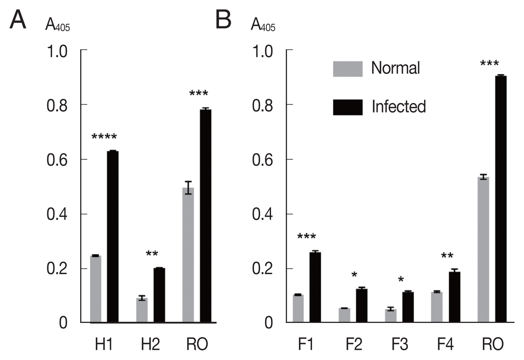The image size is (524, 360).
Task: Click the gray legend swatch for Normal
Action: (x=347, y=69)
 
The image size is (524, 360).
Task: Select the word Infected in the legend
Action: (x=398, y=107)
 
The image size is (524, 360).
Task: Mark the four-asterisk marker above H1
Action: (x=104, y=137)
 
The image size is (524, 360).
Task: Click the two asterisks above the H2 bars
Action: (x=152, y=254)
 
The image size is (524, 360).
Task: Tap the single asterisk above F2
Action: (x=354, y=275)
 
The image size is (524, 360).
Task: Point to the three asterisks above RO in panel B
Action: (x=489, y=64)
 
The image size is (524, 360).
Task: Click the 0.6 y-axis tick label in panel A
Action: (x=57, y=160)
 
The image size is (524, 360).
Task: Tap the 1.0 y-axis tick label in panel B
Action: (x=262, y=51)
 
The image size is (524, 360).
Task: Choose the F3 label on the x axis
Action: (x=400, y=344)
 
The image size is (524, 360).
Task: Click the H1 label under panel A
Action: (x=104, y=344)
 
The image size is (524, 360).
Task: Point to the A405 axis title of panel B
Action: (x=262, y=25)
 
